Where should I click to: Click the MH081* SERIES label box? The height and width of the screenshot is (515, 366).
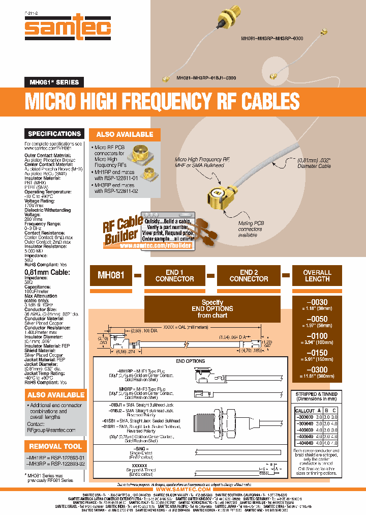pos(53,82)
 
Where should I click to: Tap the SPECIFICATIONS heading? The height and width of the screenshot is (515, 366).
pos(54,134)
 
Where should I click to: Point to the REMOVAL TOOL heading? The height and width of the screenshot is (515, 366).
pos(55,446)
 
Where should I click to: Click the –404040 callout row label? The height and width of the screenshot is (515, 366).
pos(305,444)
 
